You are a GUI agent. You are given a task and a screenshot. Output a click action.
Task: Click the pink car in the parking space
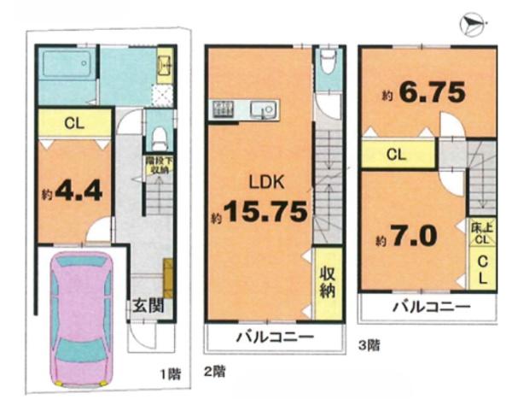click(82, 319)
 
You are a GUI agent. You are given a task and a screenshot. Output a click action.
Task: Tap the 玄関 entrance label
click(148, 307)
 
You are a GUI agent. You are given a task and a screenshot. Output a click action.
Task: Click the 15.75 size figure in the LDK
click(266, 212)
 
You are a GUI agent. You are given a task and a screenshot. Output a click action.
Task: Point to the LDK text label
click(266, 182)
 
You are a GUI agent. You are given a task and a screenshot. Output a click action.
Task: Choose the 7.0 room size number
click(414, 237)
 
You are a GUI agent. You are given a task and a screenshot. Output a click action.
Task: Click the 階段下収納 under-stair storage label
click(160, 166)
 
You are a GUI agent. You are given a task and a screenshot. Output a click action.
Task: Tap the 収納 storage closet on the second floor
click(328, 283)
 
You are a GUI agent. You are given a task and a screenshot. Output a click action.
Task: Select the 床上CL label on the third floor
click(482, 234)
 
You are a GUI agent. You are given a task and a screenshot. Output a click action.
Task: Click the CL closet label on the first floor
click(74, 123)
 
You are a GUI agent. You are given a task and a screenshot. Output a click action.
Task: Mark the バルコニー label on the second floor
click(275, 336)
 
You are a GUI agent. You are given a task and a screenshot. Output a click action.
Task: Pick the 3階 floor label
click(369, 345)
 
